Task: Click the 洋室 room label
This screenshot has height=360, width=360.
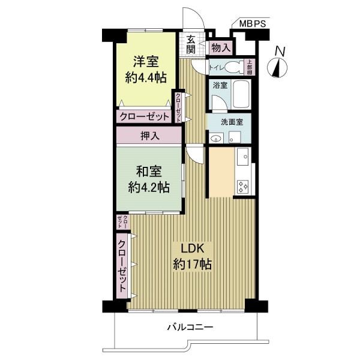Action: point(146,62)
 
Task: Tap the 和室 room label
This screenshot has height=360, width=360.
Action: point(149,172)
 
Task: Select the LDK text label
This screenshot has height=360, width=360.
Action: point(193,248)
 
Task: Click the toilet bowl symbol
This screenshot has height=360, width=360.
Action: point(234,67)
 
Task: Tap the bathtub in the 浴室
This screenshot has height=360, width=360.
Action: point(241,95)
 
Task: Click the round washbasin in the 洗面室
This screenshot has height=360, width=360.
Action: point(216,139)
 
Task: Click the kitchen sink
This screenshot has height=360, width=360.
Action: point(242,157)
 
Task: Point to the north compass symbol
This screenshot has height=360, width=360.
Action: point(278,62)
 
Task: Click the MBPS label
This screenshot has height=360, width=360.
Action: point(253,23)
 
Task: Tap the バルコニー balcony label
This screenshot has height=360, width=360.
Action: point(190,327)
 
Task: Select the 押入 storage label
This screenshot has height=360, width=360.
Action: point(150,136)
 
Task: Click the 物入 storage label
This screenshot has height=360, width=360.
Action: point(221,48)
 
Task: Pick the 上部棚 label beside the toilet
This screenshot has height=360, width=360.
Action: point(250,67)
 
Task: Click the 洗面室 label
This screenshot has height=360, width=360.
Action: point(232,122)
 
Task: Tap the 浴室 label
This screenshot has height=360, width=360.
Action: point(220,85)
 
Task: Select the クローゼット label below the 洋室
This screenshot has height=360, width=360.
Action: point(145,117)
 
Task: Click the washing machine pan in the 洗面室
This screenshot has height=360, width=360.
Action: point(235,137)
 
